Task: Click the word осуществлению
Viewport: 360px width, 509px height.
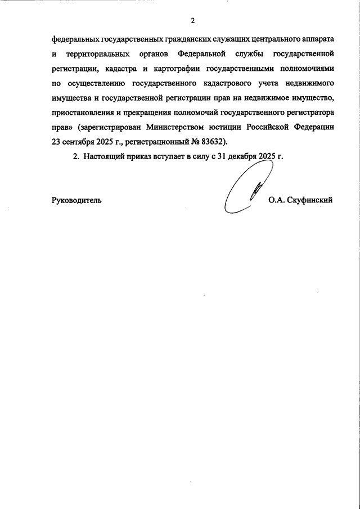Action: point(94,83)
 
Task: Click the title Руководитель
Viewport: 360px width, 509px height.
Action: point(76,200)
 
